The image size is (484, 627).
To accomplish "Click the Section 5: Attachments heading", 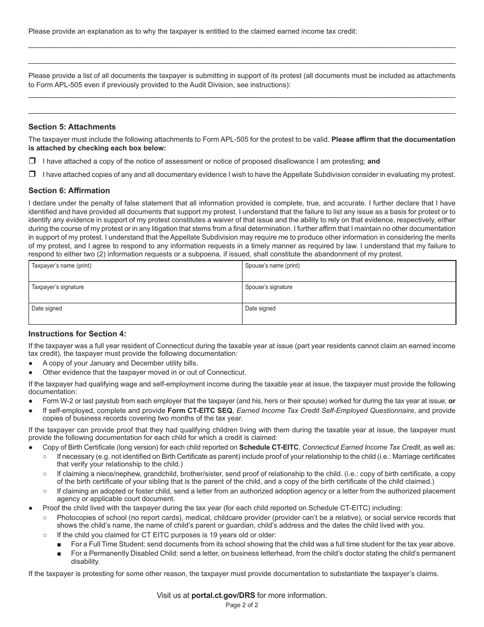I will coord(72,127).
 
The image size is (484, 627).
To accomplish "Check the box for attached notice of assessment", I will coord(32,161).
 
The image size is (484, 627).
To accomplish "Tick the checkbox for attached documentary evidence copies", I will coord(32,174).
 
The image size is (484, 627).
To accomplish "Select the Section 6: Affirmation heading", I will coord(69,191).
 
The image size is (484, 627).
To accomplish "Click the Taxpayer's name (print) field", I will coord(135,271).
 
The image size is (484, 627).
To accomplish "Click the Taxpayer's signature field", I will coord(135,293).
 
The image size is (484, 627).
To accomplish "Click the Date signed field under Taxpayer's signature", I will coord(135,314).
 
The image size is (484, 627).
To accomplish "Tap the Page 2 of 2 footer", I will coord(242,606).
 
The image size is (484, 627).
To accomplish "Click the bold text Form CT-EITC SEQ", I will coord(200,410).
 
